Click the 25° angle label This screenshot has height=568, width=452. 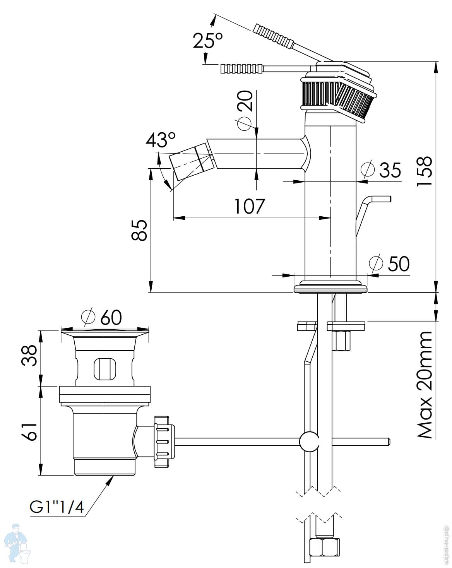[x=208, y=40]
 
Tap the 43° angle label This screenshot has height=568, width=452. [x=160, y=140]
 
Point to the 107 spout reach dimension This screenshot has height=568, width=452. [x=250, y=206]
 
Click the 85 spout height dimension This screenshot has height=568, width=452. [x=140, y=230]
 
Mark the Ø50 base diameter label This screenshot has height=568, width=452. [x=389, y=264]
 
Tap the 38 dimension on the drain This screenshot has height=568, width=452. [x=31, y=355]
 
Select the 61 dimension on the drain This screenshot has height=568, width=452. [x=30, y=431]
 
